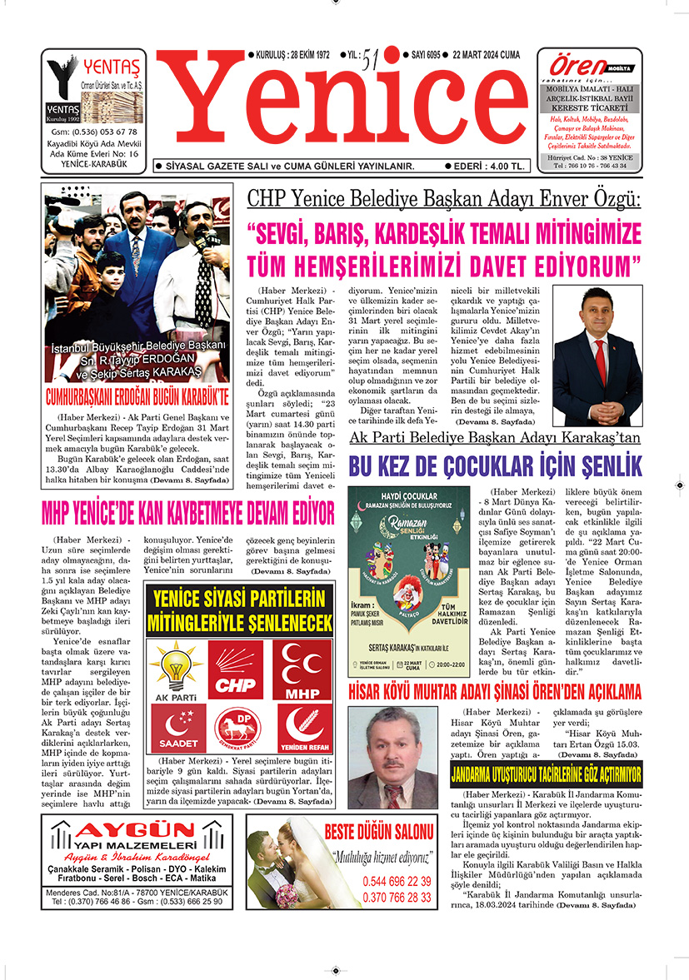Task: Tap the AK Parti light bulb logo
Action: pos(176,669)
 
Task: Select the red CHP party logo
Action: pos(234,670)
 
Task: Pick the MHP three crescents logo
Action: pos(302,670)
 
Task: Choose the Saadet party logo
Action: pos(177,729)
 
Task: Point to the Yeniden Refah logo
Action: pos(302,729)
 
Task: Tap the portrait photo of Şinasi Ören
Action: pos(392,757)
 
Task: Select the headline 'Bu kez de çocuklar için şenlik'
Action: pos(495,465)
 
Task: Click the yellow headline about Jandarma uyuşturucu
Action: pos(547,775)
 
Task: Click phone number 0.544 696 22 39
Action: pos(397,882)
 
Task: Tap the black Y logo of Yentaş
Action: pos(62,79)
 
